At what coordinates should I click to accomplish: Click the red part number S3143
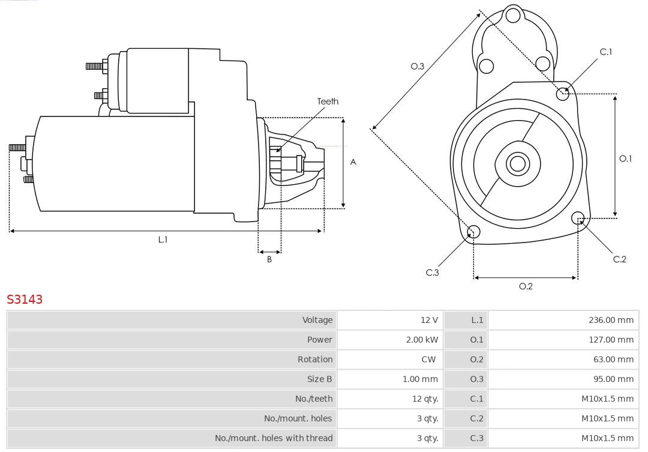(x=25, y=299)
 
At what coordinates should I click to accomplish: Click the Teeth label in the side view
(x=328, y=101)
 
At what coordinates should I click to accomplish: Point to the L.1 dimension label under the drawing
(x=163, y=240)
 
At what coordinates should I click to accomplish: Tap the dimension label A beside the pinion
(x=353, y=162)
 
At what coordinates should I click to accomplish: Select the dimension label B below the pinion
(x=269, y=260)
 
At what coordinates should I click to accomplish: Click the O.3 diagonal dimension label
(x=417, y=66)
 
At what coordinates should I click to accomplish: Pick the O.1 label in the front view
(x=625, y=158)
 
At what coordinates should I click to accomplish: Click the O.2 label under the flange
(x=526, y=286)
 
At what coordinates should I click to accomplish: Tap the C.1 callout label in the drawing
(x=606, y=52)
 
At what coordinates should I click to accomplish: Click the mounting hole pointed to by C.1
(x=563, y=93)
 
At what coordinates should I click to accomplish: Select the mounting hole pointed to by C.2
(x=578, y=217)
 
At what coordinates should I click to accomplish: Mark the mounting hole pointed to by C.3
(x=473, y=232)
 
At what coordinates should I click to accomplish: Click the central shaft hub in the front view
(x=517, y=163)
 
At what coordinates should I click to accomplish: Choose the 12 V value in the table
(x=429, y=320)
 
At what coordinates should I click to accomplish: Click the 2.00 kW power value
(x=422, y=340)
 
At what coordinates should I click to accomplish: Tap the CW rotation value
(x=428, y=360)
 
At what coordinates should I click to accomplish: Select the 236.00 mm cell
(x=610, y=320)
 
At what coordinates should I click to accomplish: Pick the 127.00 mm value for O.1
(x=610, y=340)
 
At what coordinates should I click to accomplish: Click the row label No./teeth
(x=313, y=399)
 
